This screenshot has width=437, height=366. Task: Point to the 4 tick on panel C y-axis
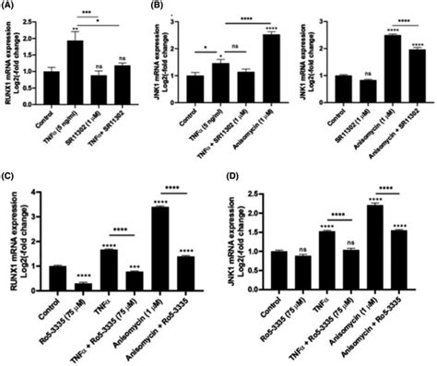coord(35,193)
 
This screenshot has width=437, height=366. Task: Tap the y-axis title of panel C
coord(13,242)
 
